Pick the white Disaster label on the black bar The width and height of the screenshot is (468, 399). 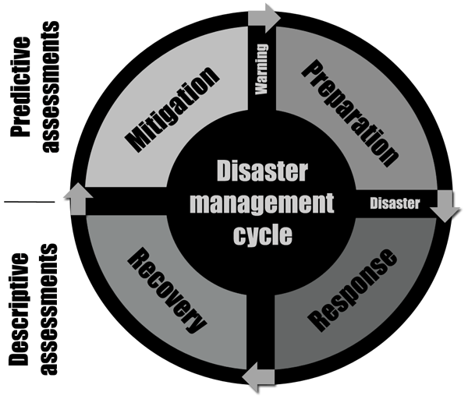[394, 204]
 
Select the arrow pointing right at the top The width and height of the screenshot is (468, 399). [269, 17]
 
